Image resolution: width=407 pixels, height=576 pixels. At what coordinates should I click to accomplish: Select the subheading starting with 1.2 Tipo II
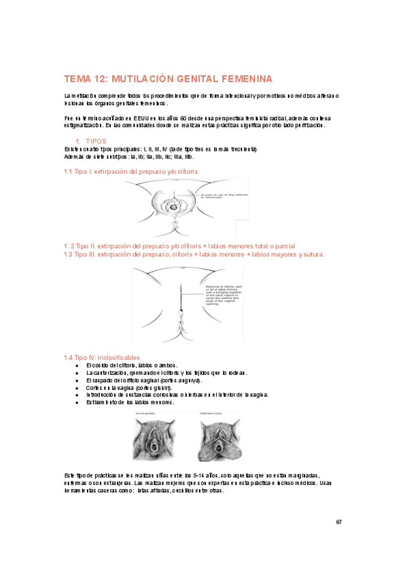(179, 246)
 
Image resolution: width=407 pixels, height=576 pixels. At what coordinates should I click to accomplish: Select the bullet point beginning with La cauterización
(166, 373)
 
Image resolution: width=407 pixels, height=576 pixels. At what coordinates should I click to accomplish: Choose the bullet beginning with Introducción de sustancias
(177, 395)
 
